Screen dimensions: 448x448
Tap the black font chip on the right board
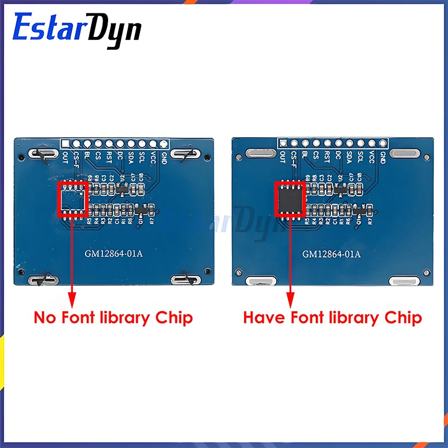coord(289,199)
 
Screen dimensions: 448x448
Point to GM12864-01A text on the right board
coord(332,254)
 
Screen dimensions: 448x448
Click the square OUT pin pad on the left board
coord(66,143)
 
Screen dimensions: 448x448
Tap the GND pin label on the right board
coord(382,157)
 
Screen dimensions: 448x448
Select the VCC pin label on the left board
coord(153,157)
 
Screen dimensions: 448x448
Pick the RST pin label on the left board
coord(110,157)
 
